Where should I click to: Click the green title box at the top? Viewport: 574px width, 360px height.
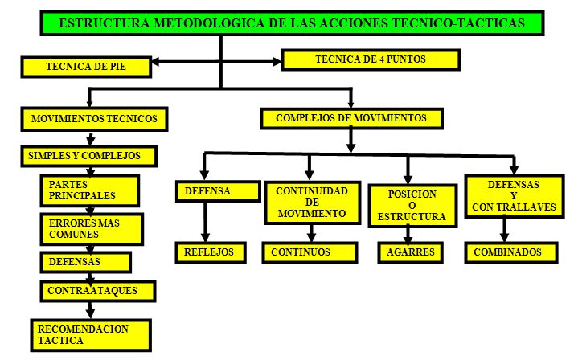tap(292, 23)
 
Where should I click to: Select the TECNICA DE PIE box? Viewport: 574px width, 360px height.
tap(86, 67)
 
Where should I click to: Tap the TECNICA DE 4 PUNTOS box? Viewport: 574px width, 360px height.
tap(371, 59)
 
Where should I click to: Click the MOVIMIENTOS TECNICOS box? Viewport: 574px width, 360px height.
tap(94, 119)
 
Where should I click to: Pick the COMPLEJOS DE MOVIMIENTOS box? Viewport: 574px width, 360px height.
tap(351, 118)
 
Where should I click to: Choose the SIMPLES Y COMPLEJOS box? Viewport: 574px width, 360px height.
tap(89, 156)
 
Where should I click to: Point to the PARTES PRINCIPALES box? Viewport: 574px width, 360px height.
tap(90, 190)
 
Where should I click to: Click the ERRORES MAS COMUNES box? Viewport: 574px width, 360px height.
tap(92, 229)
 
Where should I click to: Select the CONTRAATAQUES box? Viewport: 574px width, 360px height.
tap(98, 291)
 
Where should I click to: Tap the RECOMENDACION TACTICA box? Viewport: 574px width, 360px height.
tap(91, 335)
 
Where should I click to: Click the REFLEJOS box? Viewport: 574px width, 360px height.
tap(211, 252)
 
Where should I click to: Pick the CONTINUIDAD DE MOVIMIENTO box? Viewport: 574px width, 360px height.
tap(312, 202)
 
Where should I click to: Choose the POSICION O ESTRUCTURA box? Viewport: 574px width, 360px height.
tap(412, 206)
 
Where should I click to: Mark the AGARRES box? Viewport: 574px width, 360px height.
tap(410, 252)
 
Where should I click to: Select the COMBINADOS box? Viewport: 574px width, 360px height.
tap(511, 252)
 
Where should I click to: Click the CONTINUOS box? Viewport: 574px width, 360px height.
tap(310, 252)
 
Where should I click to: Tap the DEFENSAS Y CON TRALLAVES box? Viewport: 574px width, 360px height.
tap(515, 196)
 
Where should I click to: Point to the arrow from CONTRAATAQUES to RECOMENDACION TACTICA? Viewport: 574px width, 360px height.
tap(90, 310)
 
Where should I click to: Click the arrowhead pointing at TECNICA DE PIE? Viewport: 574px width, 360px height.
tap(156, 62)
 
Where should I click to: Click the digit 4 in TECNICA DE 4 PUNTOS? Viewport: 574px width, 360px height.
tap(382, 59)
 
